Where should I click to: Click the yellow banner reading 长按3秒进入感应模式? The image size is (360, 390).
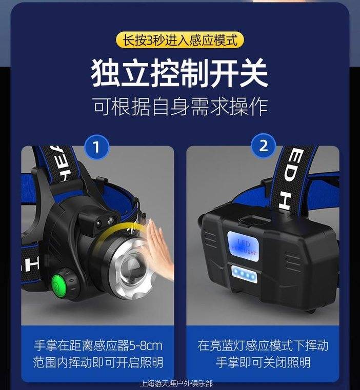[x=180, y=40]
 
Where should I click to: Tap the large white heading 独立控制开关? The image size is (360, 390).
[x=179, y=73]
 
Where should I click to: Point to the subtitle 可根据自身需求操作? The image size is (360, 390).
[x=181, y=107]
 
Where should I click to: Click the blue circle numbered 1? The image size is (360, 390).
[x=96, y=147]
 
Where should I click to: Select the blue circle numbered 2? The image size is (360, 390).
[x=264, y=146]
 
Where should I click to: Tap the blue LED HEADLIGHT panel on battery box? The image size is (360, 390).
[x=243, y=246]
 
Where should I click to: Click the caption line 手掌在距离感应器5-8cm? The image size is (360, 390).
[x=98, y=346]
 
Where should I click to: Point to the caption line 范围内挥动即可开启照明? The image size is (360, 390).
[x=98, y=362]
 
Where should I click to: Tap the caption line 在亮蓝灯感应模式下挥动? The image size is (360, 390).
[x=263, y=346]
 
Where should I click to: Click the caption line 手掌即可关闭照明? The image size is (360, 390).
[x=263, y=362]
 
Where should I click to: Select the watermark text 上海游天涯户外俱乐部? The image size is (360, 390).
[x=176, y=383]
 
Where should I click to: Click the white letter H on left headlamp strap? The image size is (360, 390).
[x=31, y=264]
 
